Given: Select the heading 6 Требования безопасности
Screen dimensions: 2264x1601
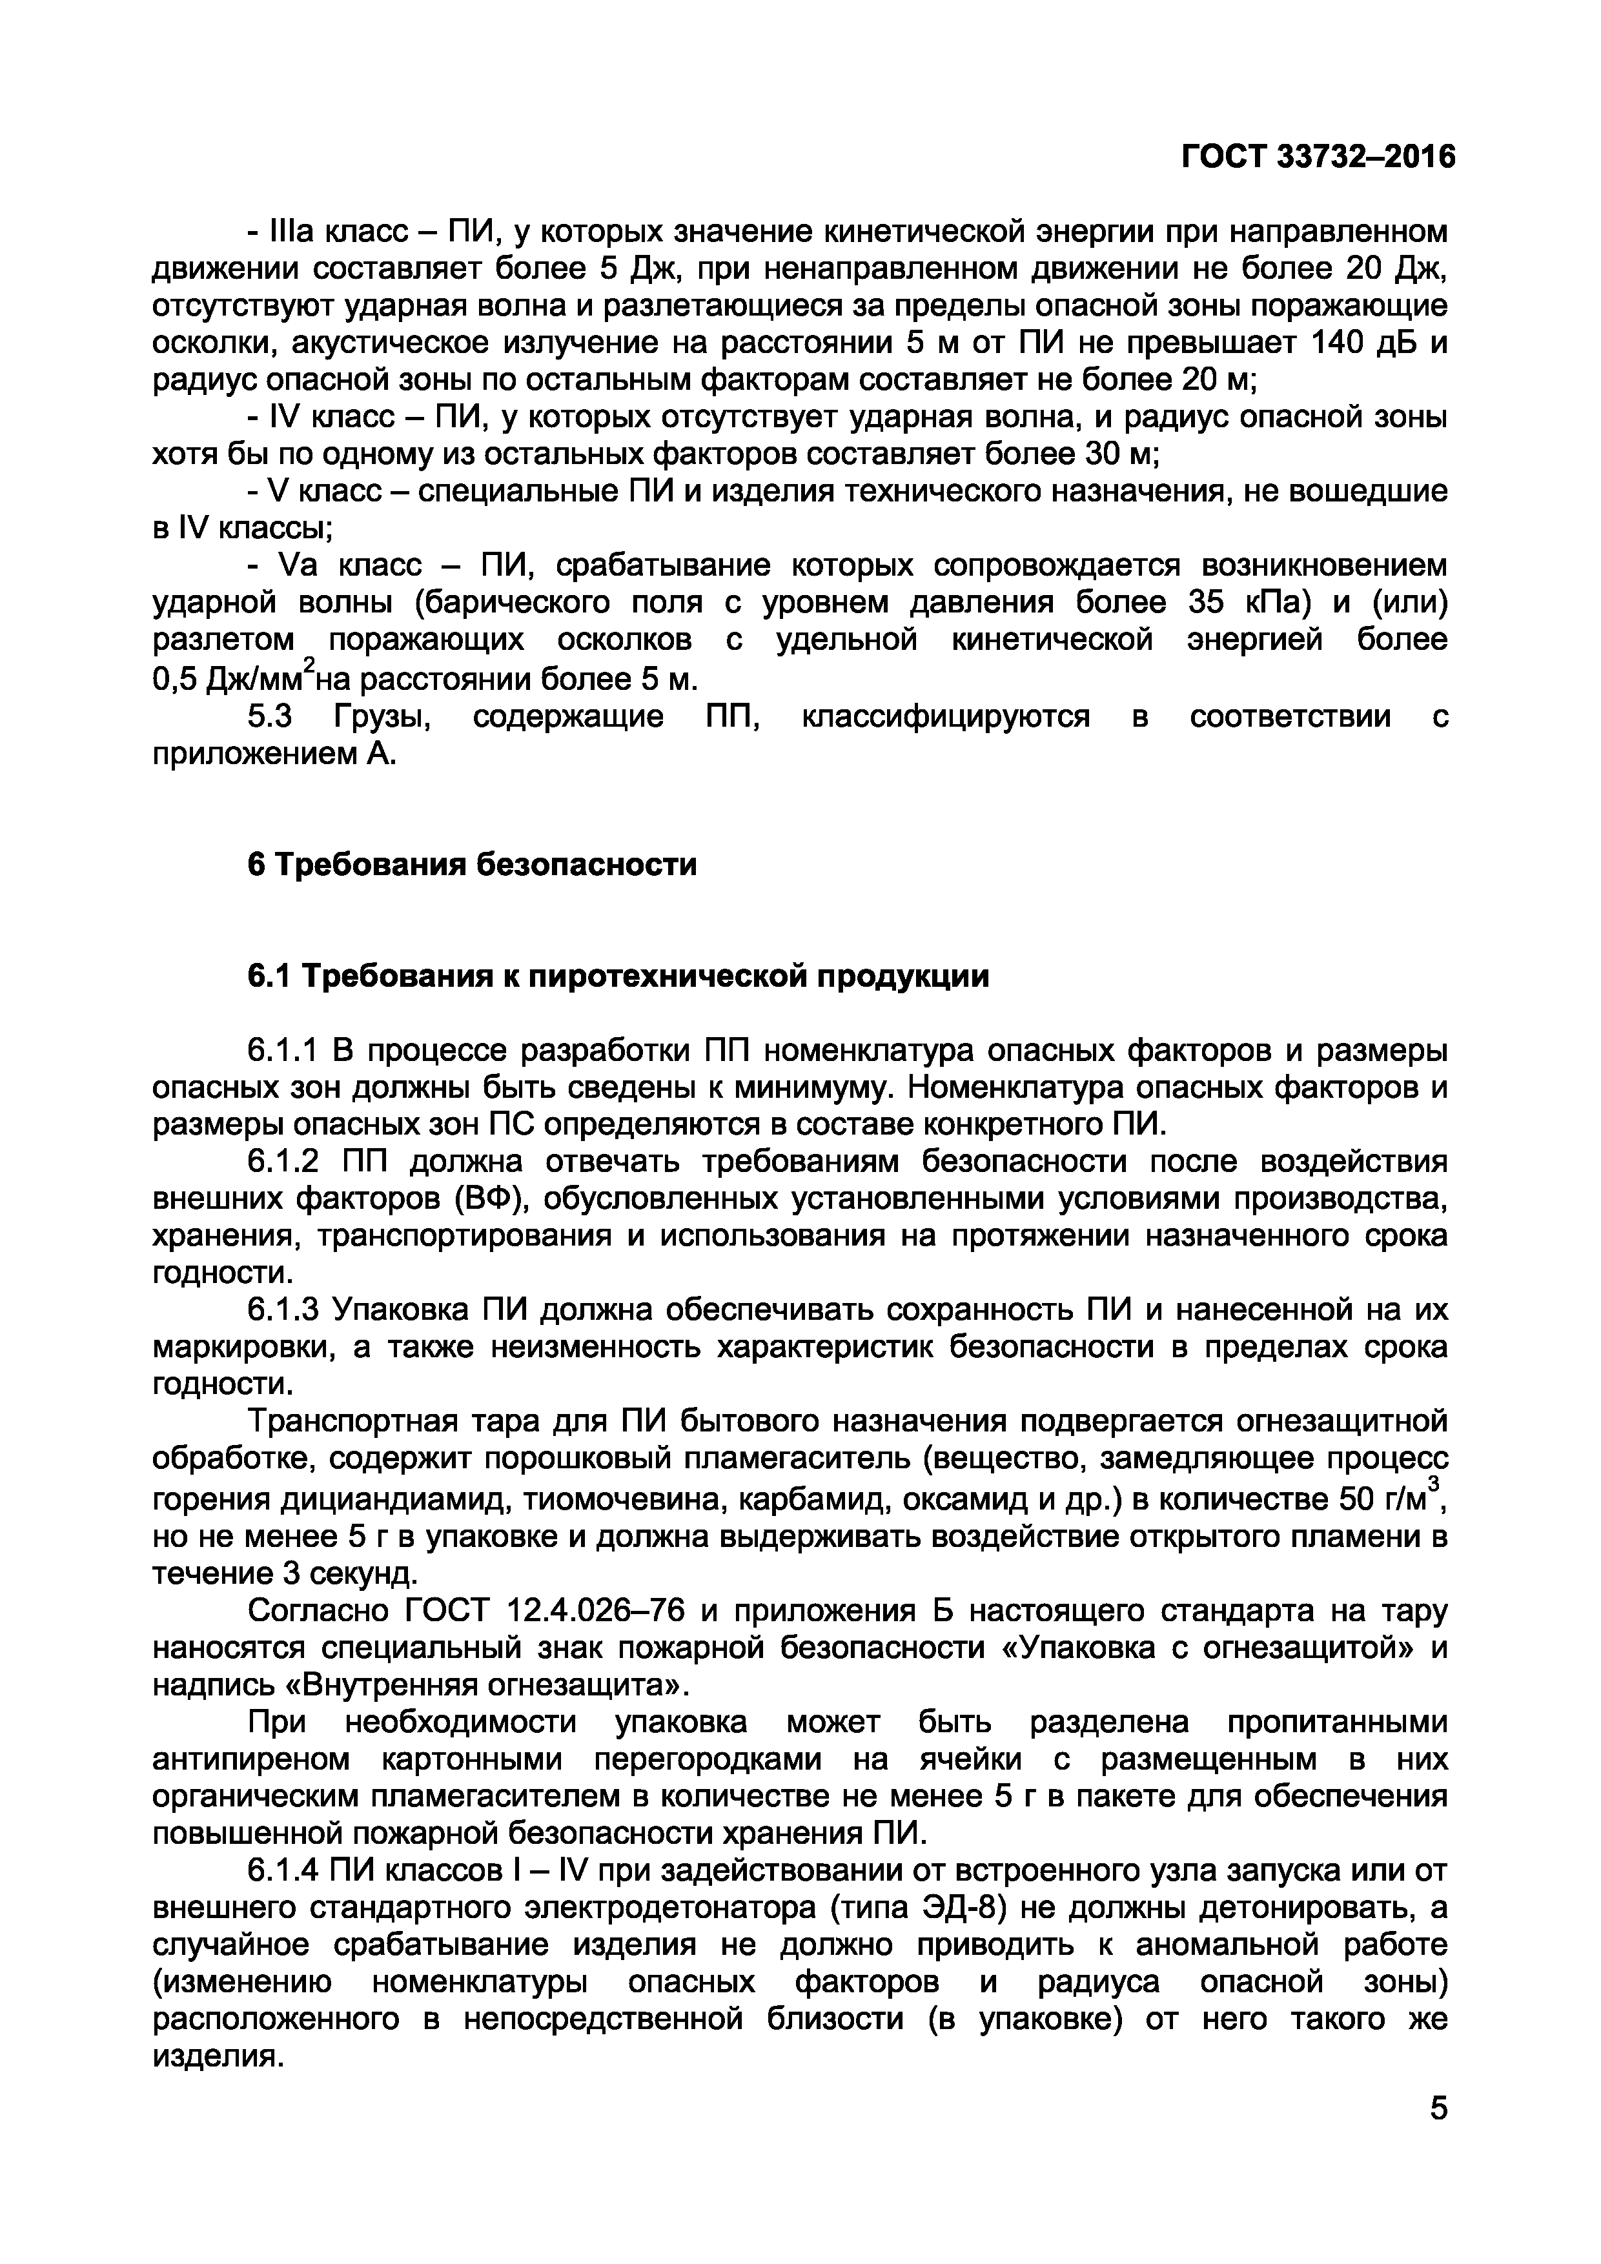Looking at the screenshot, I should (x=471, y=865).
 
